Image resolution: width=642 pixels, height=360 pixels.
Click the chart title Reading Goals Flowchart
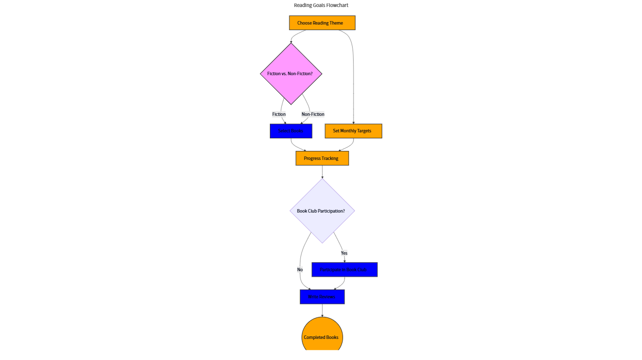pos(321,5)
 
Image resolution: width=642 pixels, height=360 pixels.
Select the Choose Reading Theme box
pos(322,23)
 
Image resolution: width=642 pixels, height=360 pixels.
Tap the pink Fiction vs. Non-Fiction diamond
pos(291,74)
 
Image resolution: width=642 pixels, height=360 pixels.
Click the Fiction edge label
pos(279,114)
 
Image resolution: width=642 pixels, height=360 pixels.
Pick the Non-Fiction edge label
pos(313,114)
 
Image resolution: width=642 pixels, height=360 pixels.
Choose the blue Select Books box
pos(291,131)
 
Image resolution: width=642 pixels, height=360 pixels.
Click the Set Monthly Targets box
pos(353,131)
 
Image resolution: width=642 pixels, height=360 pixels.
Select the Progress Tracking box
pos(322,158)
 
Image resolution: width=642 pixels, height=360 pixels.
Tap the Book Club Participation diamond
pos(322,211)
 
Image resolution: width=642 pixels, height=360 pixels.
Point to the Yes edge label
pos(344,253)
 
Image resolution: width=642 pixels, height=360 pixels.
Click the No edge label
pos(300,270)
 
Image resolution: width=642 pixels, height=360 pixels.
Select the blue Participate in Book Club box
pos(344,270)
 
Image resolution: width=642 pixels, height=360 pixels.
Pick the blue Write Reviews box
pos(322,297)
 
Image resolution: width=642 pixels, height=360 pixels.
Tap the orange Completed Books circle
pos(322,337)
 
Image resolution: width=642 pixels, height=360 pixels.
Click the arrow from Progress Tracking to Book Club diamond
pos(322,171)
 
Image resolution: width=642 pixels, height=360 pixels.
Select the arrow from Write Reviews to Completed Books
pos(322,310)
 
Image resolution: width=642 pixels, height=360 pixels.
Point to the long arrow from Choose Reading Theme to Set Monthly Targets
pos(354,75)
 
